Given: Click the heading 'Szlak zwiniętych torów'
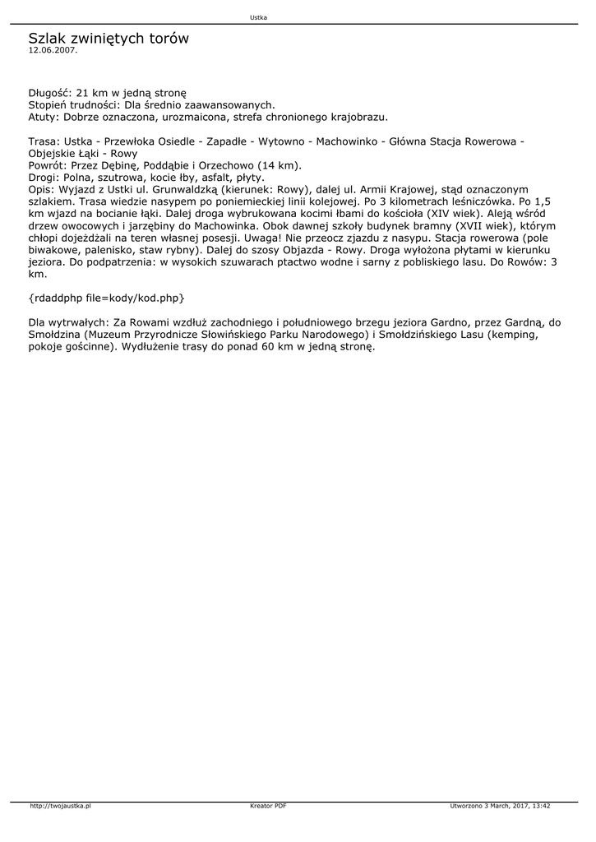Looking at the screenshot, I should (x=109, y=38).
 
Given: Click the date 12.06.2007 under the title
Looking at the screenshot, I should (x=53, y=50).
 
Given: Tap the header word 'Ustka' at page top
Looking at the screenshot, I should (x=259, y=17).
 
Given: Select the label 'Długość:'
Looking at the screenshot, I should (x=50, y=93).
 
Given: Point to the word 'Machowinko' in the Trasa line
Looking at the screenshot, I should (x=344, y=141).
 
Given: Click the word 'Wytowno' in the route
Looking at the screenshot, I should (x=281, y=141).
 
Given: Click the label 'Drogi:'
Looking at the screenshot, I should (x=44, y=177).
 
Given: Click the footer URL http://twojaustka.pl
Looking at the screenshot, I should (x=60, y=807).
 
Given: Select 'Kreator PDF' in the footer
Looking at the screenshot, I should (x=268, y=807).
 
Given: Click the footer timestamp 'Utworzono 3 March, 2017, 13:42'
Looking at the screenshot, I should (x=500, y=807).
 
